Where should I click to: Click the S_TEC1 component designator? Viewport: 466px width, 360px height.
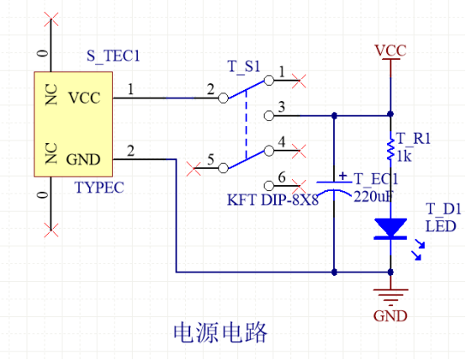click(114, 56)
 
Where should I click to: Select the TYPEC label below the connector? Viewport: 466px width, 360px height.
click(99, 188)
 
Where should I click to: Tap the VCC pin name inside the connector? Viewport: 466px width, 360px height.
click(84, 98)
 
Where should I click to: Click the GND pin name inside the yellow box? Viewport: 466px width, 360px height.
click(83, 159)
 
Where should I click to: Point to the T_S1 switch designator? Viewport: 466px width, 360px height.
click(244, 66)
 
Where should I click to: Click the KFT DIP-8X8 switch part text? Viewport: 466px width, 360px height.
click(273, 200)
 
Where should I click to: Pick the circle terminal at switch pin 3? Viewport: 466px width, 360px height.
click(269, 115)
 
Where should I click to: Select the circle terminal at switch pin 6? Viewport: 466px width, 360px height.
click(269, 186)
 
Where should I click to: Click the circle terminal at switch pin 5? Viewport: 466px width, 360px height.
click(223, 168)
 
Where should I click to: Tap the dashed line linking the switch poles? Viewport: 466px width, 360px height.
click(246, 124)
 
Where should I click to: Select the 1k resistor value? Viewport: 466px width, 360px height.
click(405, 156)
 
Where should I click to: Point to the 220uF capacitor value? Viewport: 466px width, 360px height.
click(373, 196)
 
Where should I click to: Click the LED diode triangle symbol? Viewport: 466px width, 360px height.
click(390, 228)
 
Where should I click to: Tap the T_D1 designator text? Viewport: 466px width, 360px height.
click(443, 209)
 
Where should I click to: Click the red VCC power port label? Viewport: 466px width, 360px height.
click(390, 50)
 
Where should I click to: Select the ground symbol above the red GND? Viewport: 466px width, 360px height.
click(390, 297)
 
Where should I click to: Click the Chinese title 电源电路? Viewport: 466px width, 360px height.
click(220, 332)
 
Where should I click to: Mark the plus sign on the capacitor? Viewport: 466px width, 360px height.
click(343, 176)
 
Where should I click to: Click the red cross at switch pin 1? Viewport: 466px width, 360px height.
click(299, 81)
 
